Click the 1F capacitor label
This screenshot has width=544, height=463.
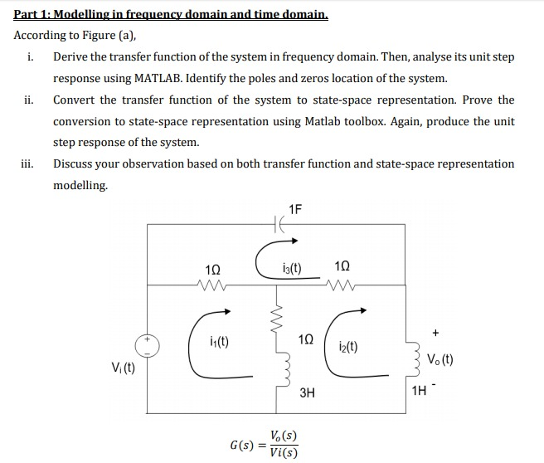point(296,208)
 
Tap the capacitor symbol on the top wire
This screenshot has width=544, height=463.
point(279,225)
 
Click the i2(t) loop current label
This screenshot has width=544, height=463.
point(349,346)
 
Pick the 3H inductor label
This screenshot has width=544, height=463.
point(307,393)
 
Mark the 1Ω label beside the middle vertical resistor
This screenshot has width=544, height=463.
point(307,340)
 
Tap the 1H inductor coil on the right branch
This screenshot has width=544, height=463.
point(409,359)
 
